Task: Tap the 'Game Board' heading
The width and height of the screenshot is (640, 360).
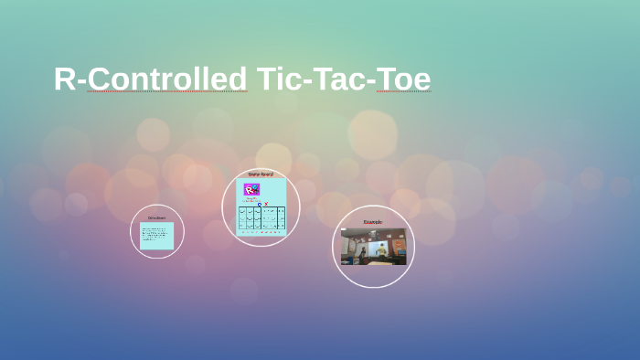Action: click(261, 174)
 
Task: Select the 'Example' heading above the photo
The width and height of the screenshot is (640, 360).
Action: click(373, 222)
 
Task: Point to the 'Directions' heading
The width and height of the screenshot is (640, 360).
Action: click(156, 217)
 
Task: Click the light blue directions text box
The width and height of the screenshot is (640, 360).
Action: click(156, 236)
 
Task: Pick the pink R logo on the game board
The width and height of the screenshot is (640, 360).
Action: click(251, 189)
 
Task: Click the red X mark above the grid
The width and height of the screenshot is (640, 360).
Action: click(266, 204)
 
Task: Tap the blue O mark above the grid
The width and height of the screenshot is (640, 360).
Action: click(259, 204)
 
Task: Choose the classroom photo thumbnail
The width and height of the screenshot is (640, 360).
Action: click(373, 247)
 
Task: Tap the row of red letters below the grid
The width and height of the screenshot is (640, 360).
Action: click(261, 230)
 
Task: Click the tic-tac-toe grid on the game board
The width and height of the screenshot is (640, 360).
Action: click(261, 217)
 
